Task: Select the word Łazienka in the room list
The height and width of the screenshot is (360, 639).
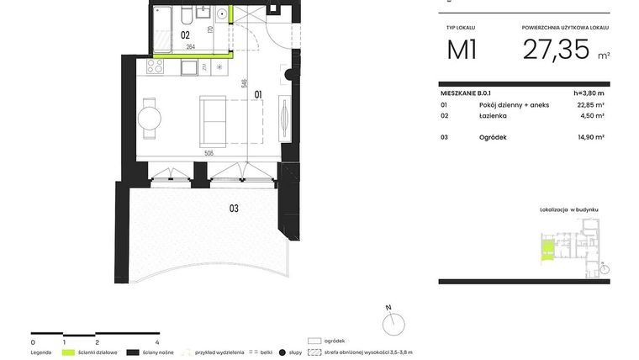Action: click(x=492, y=115)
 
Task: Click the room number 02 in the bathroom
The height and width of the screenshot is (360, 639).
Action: click(x=185, y=35)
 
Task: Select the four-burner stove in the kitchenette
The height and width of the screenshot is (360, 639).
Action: click(x=156, y=65)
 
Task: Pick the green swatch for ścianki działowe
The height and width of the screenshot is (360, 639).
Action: click(x=69, y=353)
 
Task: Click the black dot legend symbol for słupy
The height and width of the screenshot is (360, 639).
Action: click(x=283, y=353)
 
